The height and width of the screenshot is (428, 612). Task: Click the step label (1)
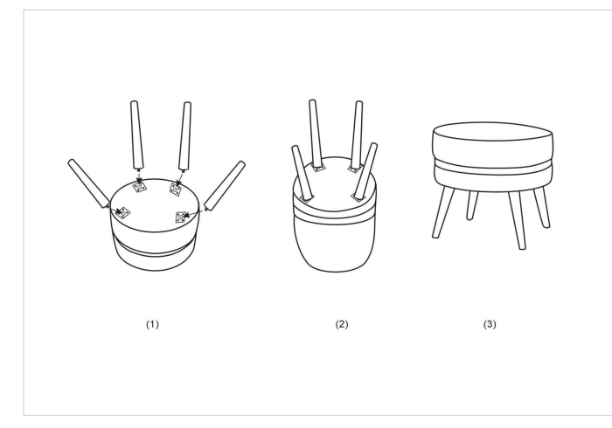point(152,324)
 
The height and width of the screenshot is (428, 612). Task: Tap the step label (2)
point(342,324)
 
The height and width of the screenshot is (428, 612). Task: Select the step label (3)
point(490,324)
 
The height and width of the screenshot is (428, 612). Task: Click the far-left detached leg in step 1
point(89,183)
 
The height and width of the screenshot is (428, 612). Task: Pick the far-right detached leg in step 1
point(225,185)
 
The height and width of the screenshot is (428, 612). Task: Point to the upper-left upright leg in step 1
point(136,135)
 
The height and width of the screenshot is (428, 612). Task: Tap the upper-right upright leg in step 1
point(185,136)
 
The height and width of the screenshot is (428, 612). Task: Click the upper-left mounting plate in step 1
point(139,187)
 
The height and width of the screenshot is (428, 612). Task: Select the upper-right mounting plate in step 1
point(175,190)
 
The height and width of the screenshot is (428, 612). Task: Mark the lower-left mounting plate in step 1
point(123,212)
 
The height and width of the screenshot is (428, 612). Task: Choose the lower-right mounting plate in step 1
point(181,217)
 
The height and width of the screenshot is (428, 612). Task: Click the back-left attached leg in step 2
point(316,134)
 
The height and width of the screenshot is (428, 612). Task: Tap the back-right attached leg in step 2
point(357,135)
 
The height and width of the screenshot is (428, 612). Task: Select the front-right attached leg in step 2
point(365,171)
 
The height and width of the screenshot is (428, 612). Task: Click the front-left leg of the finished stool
point(443,211)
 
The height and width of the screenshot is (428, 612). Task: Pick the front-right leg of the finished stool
point(517,220)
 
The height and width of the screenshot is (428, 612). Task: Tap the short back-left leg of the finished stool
point(472,205)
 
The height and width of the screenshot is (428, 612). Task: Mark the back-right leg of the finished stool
point(542,207)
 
